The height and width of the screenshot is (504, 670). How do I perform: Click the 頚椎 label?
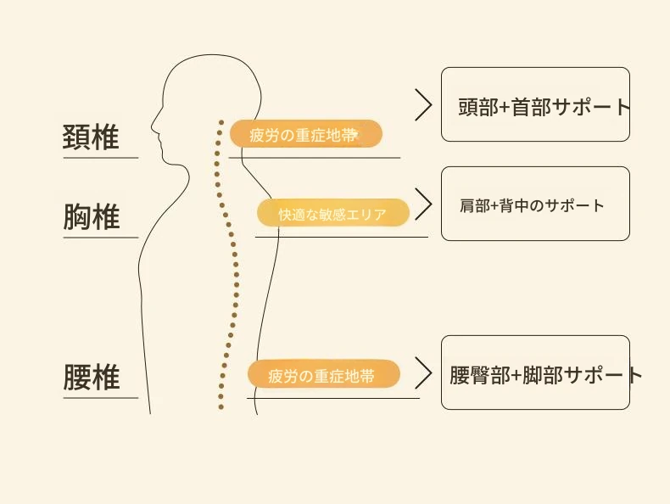pyautogui.click(x=92, y=137)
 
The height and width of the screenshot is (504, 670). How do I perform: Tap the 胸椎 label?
pyautogui.click(x=92, y=217)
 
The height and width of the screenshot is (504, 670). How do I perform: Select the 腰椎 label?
pyautogui.click(x=92, y=378)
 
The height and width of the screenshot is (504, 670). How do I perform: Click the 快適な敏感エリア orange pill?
pyautogui.click(x=332, y=213)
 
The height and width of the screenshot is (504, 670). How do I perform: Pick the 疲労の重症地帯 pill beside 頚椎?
pyautogui.click(x=305, y=134)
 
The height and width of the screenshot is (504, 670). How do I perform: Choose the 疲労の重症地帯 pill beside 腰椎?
pyautogui.click(x=322, y=374)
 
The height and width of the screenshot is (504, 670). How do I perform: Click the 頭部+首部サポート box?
pyautogui.click(x=535, y=104)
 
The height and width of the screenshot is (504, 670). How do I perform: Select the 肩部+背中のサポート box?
pyautogui.click(x=535, y=204)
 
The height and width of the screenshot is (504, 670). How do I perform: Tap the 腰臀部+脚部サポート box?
pyautogui.click(x=535, y=372)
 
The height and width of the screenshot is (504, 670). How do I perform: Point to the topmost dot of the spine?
pyautogui.click(x=220, y=122)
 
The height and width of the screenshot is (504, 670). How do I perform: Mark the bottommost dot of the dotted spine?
pyautogui.click(x=221, y=407)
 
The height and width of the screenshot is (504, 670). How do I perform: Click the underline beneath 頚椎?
pyautogui.click(x=100, y=157)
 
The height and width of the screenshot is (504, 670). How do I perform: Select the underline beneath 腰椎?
pyautogui.click(x=100, y=397)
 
